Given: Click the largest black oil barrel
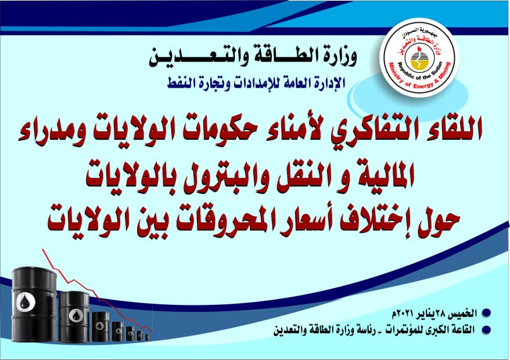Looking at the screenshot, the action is click(x=34, y=305).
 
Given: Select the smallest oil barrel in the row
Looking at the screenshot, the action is click(x=147, y=337).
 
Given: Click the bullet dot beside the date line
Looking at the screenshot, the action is click(x=486, y=313).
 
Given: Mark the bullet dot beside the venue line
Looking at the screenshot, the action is click(x=486, y=330).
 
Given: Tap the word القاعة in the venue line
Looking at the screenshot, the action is click(x=463, y=330).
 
